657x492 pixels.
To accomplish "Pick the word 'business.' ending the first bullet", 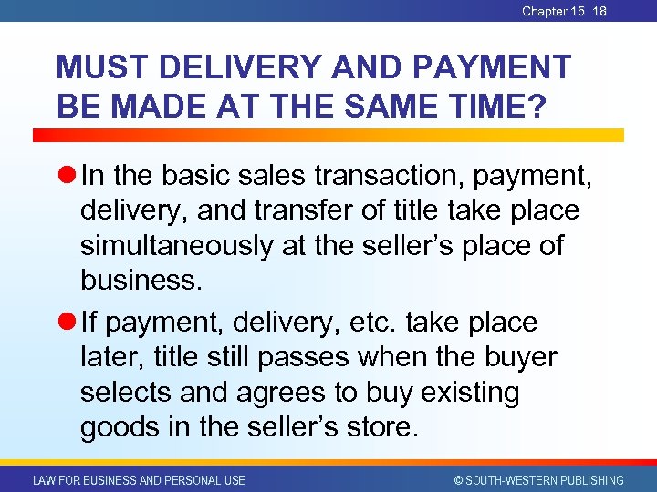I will click(x=141, y=280).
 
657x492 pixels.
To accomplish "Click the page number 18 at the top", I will click(x=600, y=11).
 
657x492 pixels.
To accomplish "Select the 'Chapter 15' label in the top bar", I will click(x=553, y=11).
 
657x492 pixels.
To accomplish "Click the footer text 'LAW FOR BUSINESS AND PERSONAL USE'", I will click(x=139, y=480).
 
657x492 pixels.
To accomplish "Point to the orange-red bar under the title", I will click(x=328, y=134).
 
